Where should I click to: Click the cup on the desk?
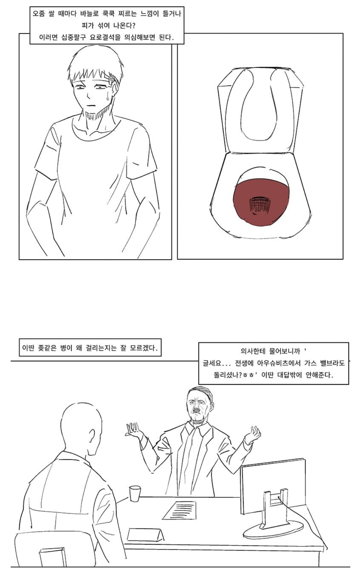click(135, 493)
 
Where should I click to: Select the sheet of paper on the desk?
click(180, 510)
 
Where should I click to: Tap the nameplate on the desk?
click(145, 535)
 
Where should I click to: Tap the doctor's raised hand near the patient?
click(134, 430)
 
